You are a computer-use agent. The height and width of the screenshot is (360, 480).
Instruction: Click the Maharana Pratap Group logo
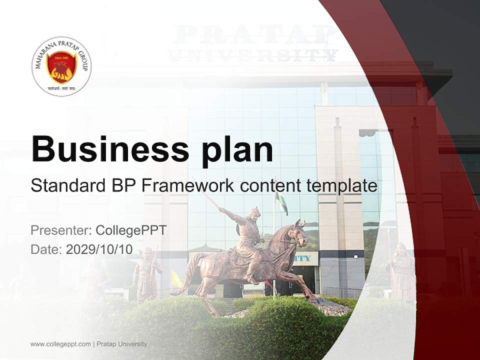point(61,66)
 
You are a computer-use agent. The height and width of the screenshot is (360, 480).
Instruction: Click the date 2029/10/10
point(99,249)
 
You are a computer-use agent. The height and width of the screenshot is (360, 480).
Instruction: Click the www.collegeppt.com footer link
point(60,344)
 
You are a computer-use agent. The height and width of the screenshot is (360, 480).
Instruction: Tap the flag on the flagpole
point(282,203)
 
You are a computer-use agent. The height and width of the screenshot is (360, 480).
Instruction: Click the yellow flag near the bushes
point(176,279)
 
